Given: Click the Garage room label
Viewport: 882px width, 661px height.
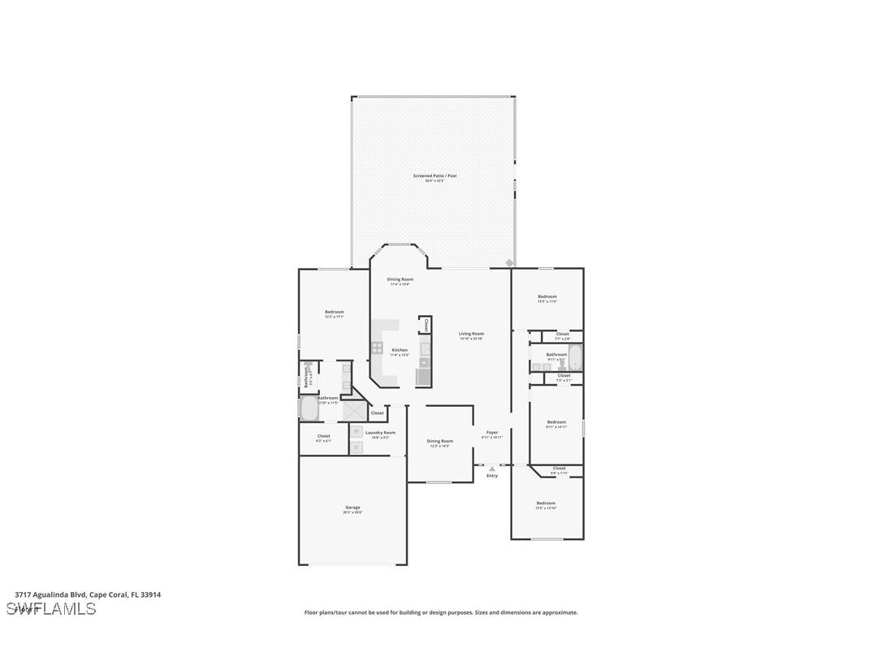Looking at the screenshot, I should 352,508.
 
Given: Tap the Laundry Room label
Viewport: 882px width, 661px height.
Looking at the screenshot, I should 380,433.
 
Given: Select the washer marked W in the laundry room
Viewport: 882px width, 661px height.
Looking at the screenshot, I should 356,432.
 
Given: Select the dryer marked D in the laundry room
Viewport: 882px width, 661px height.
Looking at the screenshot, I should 356,447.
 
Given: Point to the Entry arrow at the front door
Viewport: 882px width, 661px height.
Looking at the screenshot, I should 492,469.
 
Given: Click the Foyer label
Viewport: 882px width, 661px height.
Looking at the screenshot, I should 492,433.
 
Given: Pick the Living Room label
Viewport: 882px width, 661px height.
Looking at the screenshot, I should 471,334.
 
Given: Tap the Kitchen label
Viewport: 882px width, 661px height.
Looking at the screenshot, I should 400,350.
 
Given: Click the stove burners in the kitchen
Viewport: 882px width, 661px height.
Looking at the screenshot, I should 378,348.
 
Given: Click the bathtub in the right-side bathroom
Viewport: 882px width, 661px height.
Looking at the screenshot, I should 575,357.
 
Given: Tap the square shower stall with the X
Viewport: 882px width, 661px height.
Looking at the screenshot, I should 353,411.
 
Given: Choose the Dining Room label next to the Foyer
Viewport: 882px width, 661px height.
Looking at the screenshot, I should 440,441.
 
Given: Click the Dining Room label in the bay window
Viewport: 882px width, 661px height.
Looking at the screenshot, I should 400,279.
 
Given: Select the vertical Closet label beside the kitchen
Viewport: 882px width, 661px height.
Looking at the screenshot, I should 426,325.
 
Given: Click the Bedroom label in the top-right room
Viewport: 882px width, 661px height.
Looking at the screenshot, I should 547,296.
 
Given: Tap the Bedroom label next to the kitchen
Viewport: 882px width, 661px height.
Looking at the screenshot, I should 335,312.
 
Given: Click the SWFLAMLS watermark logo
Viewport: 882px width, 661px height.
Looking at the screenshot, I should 51,608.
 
